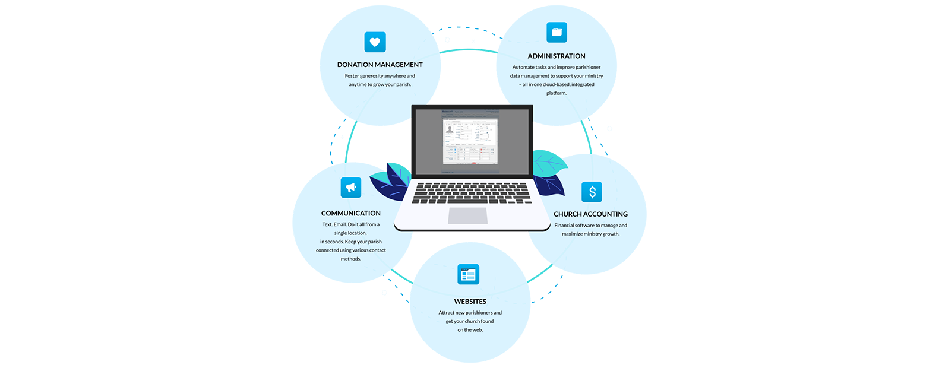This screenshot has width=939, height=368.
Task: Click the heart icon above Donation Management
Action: (375, 42)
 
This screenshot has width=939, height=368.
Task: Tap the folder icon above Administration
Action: (557, 33)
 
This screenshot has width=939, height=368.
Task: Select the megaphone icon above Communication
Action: (351, 188)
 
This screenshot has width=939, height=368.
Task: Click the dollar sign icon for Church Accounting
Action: (592, 192)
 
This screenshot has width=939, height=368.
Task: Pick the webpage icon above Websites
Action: (468, 274)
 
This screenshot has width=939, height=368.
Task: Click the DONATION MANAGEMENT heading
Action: (380, 65)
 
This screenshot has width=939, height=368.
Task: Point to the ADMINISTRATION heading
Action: (557, 56)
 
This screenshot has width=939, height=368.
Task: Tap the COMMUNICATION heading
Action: (351, 213)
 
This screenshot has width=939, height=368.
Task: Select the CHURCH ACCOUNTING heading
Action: (590, 214)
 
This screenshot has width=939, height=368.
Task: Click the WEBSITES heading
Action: (470, 302)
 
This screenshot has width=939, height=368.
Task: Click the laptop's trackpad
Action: (467, 215)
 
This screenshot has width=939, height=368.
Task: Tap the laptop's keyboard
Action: (471, 192)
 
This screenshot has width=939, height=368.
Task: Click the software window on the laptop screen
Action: (470, 140)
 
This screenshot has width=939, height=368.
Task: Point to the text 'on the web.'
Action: (470, 330)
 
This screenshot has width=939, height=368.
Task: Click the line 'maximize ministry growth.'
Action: (590, 234)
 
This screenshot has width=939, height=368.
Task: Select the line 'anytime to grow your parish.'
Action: (380, 84)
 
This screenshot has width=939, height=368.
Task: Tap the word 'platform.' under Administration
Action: (557, 93)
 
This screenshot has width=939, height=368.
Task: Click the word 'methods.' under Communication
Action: (350, 259)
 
